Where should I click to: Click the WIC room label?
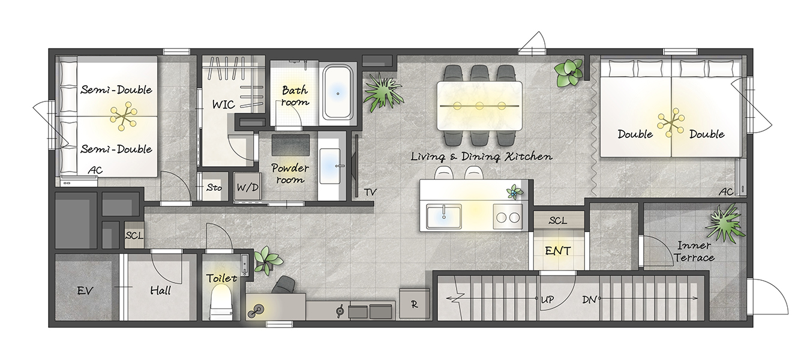click(x=223, y=104)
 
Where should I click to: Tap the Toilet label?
click(x=221, y=278)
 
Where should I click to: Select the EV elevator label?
click(x=85, y=290)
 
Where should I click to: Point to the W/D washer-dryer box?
click(x=248, y=187)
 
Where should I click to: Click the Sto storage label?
click(x=214, y=188)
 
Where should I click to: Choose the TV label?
click(x=370, y=192)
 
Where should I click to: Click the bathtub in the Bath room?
click(x=338, y=92)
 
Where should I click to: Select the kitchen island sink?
click(x=443, y=217)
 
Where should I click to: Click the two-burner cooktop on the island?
click(x=508, y=217)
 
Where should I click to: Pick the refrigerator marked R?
click(x=415, y=304)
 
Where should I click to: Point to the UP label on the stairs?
click(x=547, y=299)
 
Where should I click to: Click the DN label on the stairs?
click(x=589, y=299)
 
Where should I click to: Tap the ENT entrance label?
click(x=557, y=250)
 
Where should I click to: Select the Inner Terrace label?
click(x=694, y=251)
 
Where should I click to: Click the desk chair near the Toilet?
click(x=283, y=284)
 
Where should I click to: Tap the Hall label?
click(x=161, y=290)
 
